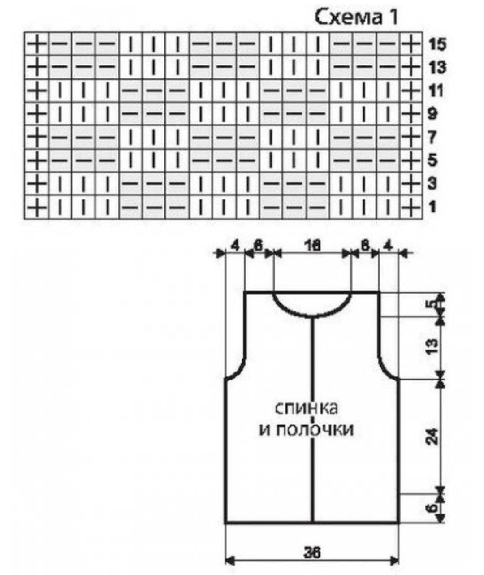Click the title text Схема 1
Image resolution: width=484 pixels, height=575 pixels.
356,17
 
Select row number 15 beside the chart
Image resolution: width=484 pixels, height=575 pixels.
437,44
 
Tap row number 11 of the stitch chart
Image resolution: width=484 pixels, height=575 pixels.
436,91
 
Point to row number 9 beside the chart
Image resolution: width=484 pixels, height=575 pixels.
432,114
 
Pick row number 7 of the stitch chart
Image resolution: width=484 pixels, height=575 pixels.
432,137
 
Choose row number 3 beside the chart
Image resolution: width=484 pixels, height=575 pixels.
432,183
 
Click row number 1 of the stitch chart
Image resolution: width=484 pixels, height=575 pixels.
432,207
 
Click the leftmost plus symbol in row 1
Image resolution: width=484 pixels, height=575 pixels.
37,207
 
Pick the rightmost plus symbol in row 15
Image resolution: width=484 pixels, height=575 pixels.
411,44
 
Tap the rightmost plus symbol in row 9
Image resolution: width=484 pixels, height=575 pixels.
411,114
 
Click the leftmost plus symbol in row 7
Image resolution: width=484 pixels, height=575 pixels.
37,137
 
